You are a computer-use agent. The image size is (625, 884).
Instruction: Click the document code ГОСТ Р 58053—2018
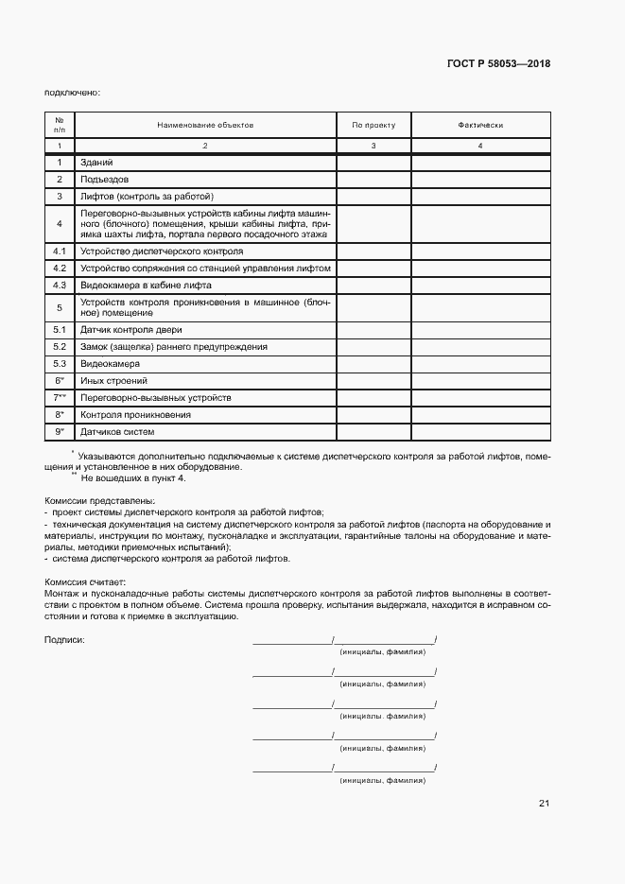[x=497, y=64]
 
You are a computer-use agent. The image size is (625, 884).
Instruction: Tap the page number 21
[x=544, y=804]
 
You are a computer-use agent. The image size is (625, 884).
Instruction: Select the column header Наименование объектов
[x=205, y=125]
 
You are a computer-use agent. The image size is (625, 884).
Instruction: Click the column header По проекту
[x=373, y=125]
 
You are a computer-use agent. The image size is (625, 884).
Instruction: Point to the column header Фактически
[x=480, y=125]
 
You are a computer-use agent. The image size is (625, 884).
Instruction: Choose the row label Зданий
[x=97, y=163]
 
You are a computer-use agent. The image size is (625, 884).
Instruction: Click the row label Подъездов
[x=105, y=179]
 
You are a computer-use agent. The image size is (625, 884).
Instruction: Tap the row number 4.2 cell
[x=59, y=269]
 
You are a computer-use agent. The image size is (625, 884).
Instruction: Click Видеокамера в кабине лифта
[x=146, y=285]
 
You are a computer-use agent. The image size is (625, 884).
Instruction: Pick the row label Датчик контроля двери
[x=130, y=330]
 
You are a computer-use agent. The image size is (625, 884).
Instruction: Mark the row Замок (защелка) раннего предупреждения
[x=173, y=347]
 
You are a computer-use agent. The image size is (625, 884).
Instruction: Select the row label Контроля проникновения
[x=136, y=414]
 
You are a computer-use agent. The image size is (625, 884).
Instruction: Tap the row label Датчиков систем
[x=117, y=432]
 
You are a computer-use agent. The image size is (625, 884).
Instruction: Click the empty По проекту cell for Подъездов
[x=373, y=179]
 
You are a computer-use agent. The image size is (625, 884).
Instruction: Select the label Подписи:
[x=64, y=640]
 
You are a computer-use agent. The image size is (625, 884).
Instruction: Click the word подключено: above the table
[x=72, y=92]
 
